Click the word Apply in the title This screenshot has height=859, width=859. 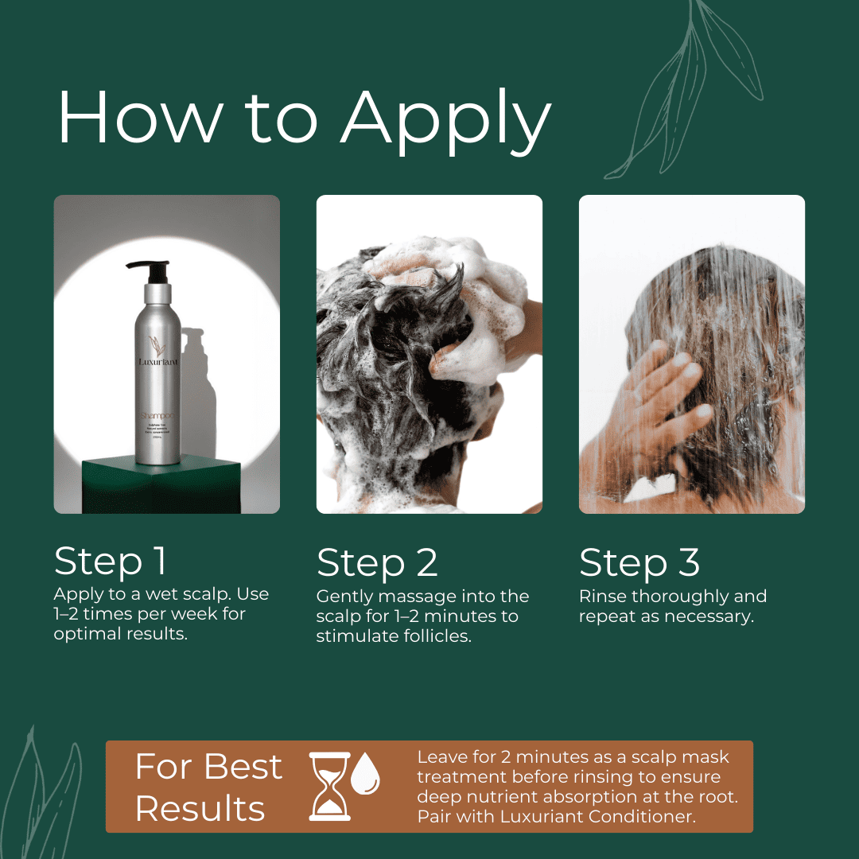click(445, 119)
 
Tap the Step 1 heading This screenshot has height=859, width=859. click(111, 562)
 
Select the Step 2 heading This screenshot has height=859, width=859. click(377, 563)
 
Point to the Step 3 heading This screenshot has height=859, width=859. click(639, 563)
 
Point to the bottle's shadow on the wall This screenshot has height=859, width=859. click(199, 382)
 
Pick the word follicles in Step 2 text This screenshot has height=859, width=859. click(434, 636)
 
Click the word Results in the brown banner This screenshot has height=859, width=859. click(200, 808)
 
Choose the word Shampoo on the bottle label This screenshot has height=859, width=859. click(157, 416)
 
